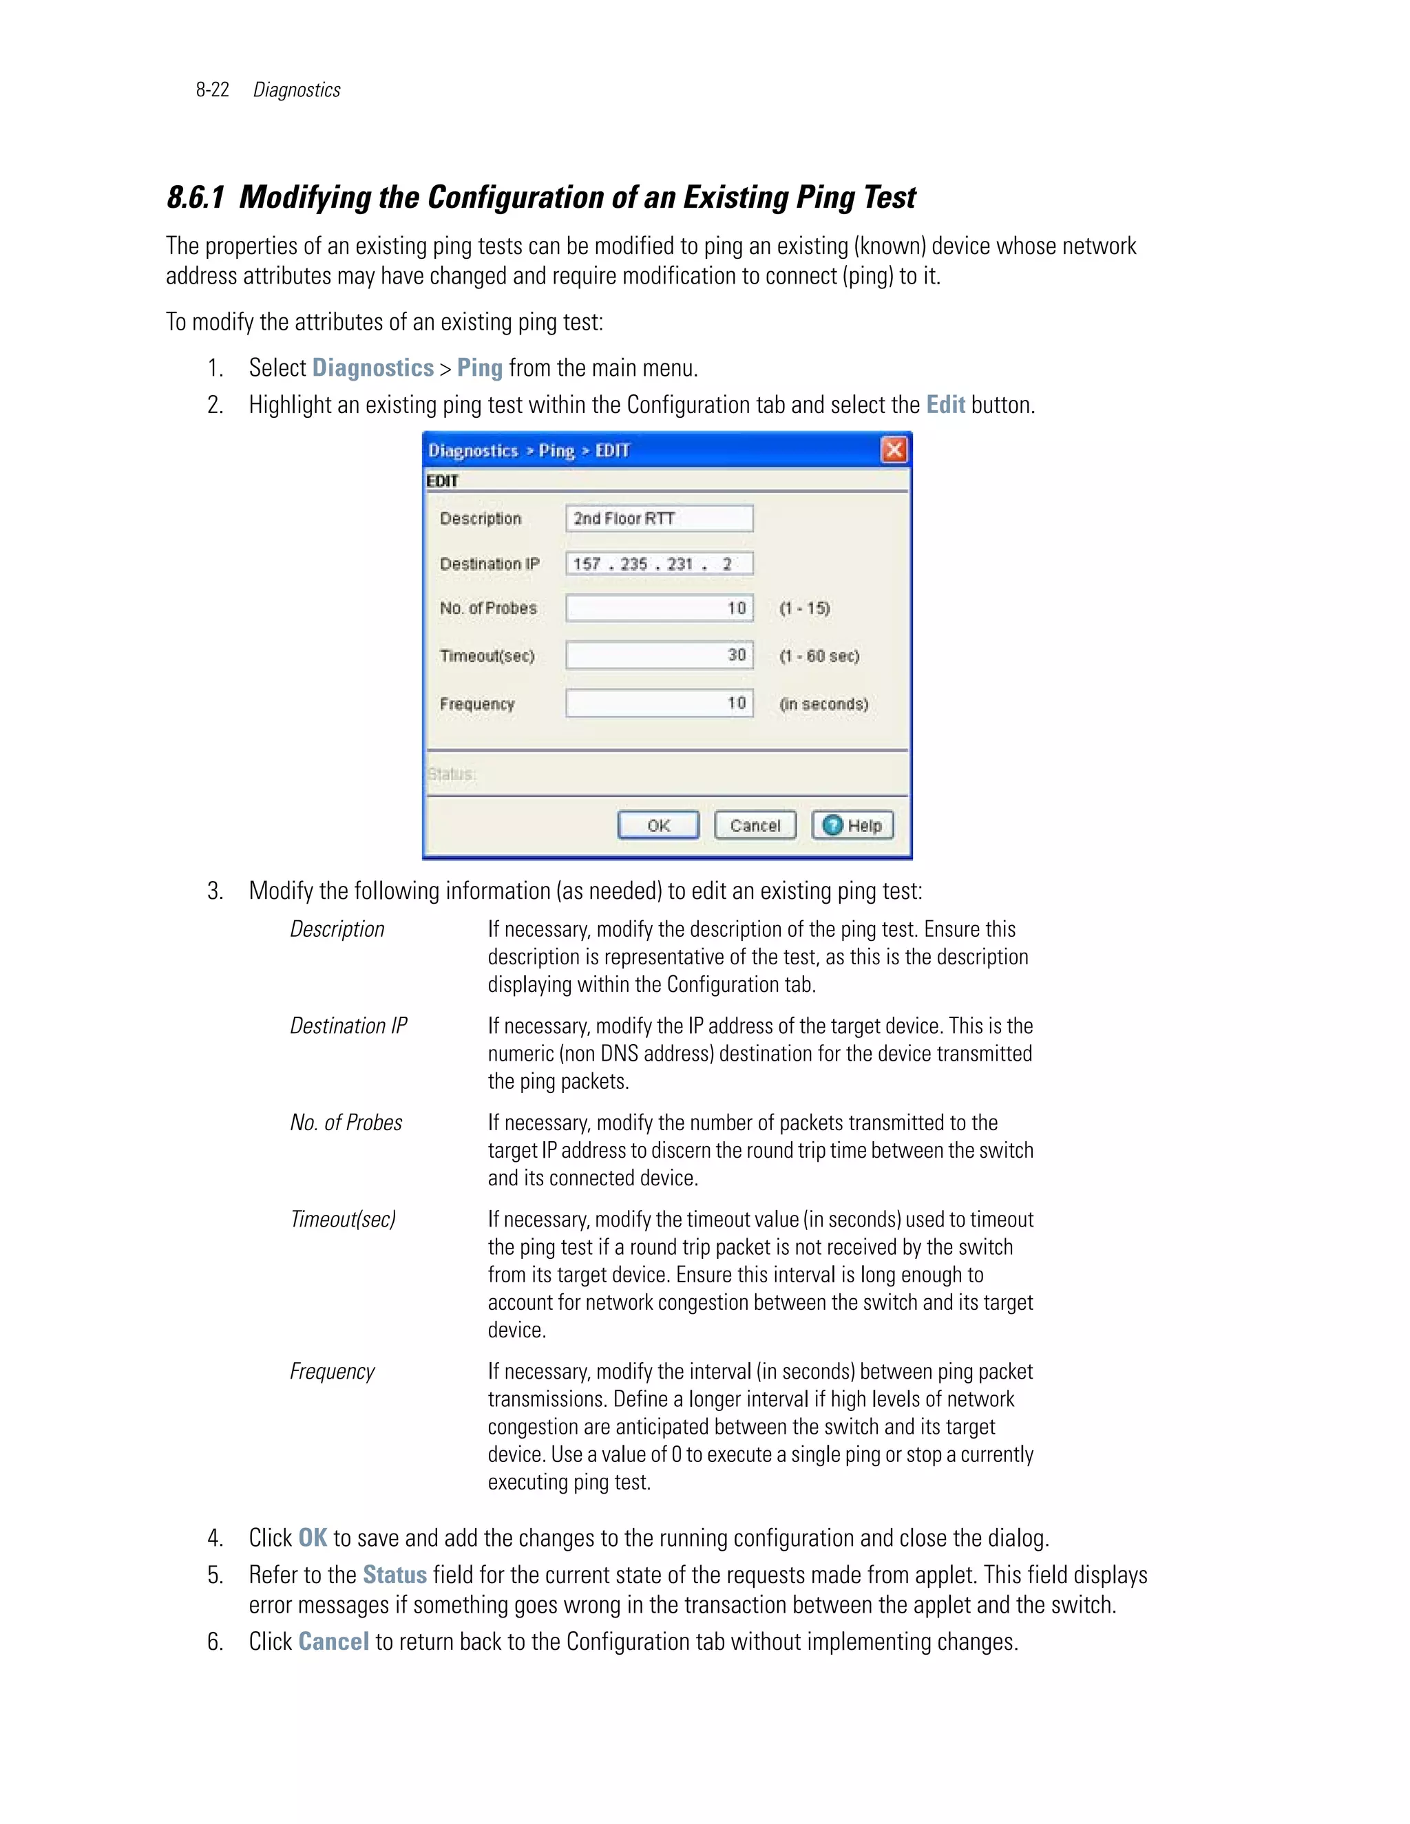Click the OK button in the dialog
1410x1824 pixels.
(658, 825)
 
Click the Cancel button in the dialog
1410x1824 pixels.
(755, 825)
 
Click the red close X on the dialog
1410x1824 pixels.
(894, 450)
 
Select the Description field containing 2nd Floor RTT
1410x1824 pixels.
(659, 519)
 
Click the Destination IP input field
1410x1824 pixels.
(659, 564)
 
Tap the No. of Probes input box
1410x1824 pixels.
(659, 608)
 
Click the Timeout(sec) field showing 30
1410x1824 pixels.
(659, 655)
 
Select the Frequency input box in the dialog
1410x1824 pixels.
(659, 703)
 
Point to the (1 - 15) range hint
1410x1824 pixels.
(804, 608)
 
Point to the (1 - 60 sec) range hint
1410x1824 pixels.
(819, 655)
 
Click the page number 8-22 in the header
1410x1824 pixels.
(212, 90)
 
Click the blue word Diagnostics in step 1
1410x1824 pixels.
(372, 368)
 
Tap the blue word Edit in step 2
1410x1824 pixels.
(945, 405)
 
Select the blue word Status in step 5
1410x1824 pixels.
(394, 1575)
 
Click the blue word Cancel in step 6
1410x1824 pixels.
(333, 1642)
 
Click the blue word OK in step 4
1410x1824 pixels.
(313, 1538)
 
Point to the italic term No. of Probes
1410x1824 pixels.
(346, 1123)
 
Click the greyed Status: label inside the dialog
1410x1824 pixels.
(451, 774)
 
